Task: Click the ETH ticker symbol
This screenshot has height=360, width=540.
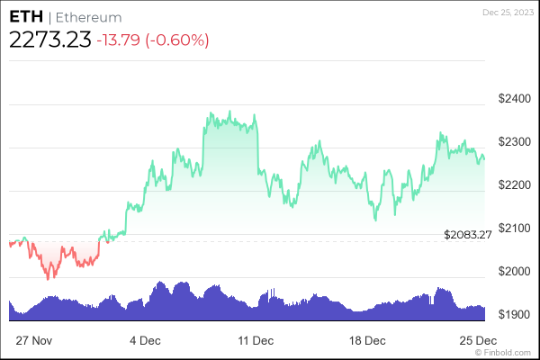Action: [x=24, y=17]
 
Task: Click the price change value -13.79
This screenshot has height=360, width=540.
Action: [x=124, y=40]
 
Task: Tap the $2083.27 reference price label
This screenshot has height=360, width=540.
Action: [x=468, y=235]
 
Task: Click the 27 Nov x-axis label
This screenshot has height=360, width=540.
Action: [x=34, y=341]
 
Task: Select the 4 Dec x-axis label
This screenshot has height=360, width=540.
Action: [x=145, y=341]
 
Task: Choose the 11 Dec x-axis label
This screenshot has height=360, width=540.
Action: [x=256, y=341]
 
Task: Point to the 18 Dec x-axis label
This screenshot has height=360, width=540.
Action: [x=367, y=341]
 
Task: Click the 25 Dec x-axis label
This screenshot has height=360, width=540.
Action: [x=478, y=341]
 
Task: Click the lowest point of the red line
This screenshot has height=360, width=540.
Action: [x=49, y=279]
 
